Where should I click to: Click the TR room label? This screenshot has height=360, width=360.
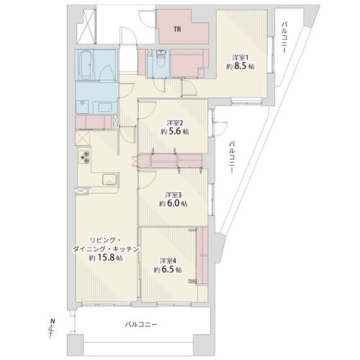(177, 30)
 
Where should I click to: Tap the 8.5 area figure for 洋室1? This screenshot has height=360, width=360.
(240, 66)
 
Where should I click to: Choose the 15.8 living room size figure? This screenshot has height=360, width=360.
(106, 258)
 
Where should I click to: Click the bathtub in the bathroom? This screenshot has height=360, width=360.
(86, 65)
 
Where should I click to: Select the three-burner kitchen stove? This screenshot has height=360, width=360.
(84, 157)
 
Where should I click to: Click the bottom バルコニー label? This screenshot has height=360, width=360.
(141, 325)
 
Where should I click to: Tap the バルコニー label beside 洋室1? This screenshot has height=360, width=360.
(285, 37)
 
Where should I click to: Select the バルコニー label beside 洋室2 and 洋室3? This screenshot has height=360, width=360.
(232, 157)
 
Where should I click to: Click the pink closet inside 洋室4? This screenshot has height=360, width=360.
(202, 256)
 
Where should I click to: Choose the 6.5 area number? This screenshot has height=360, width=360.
(168, 270)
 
